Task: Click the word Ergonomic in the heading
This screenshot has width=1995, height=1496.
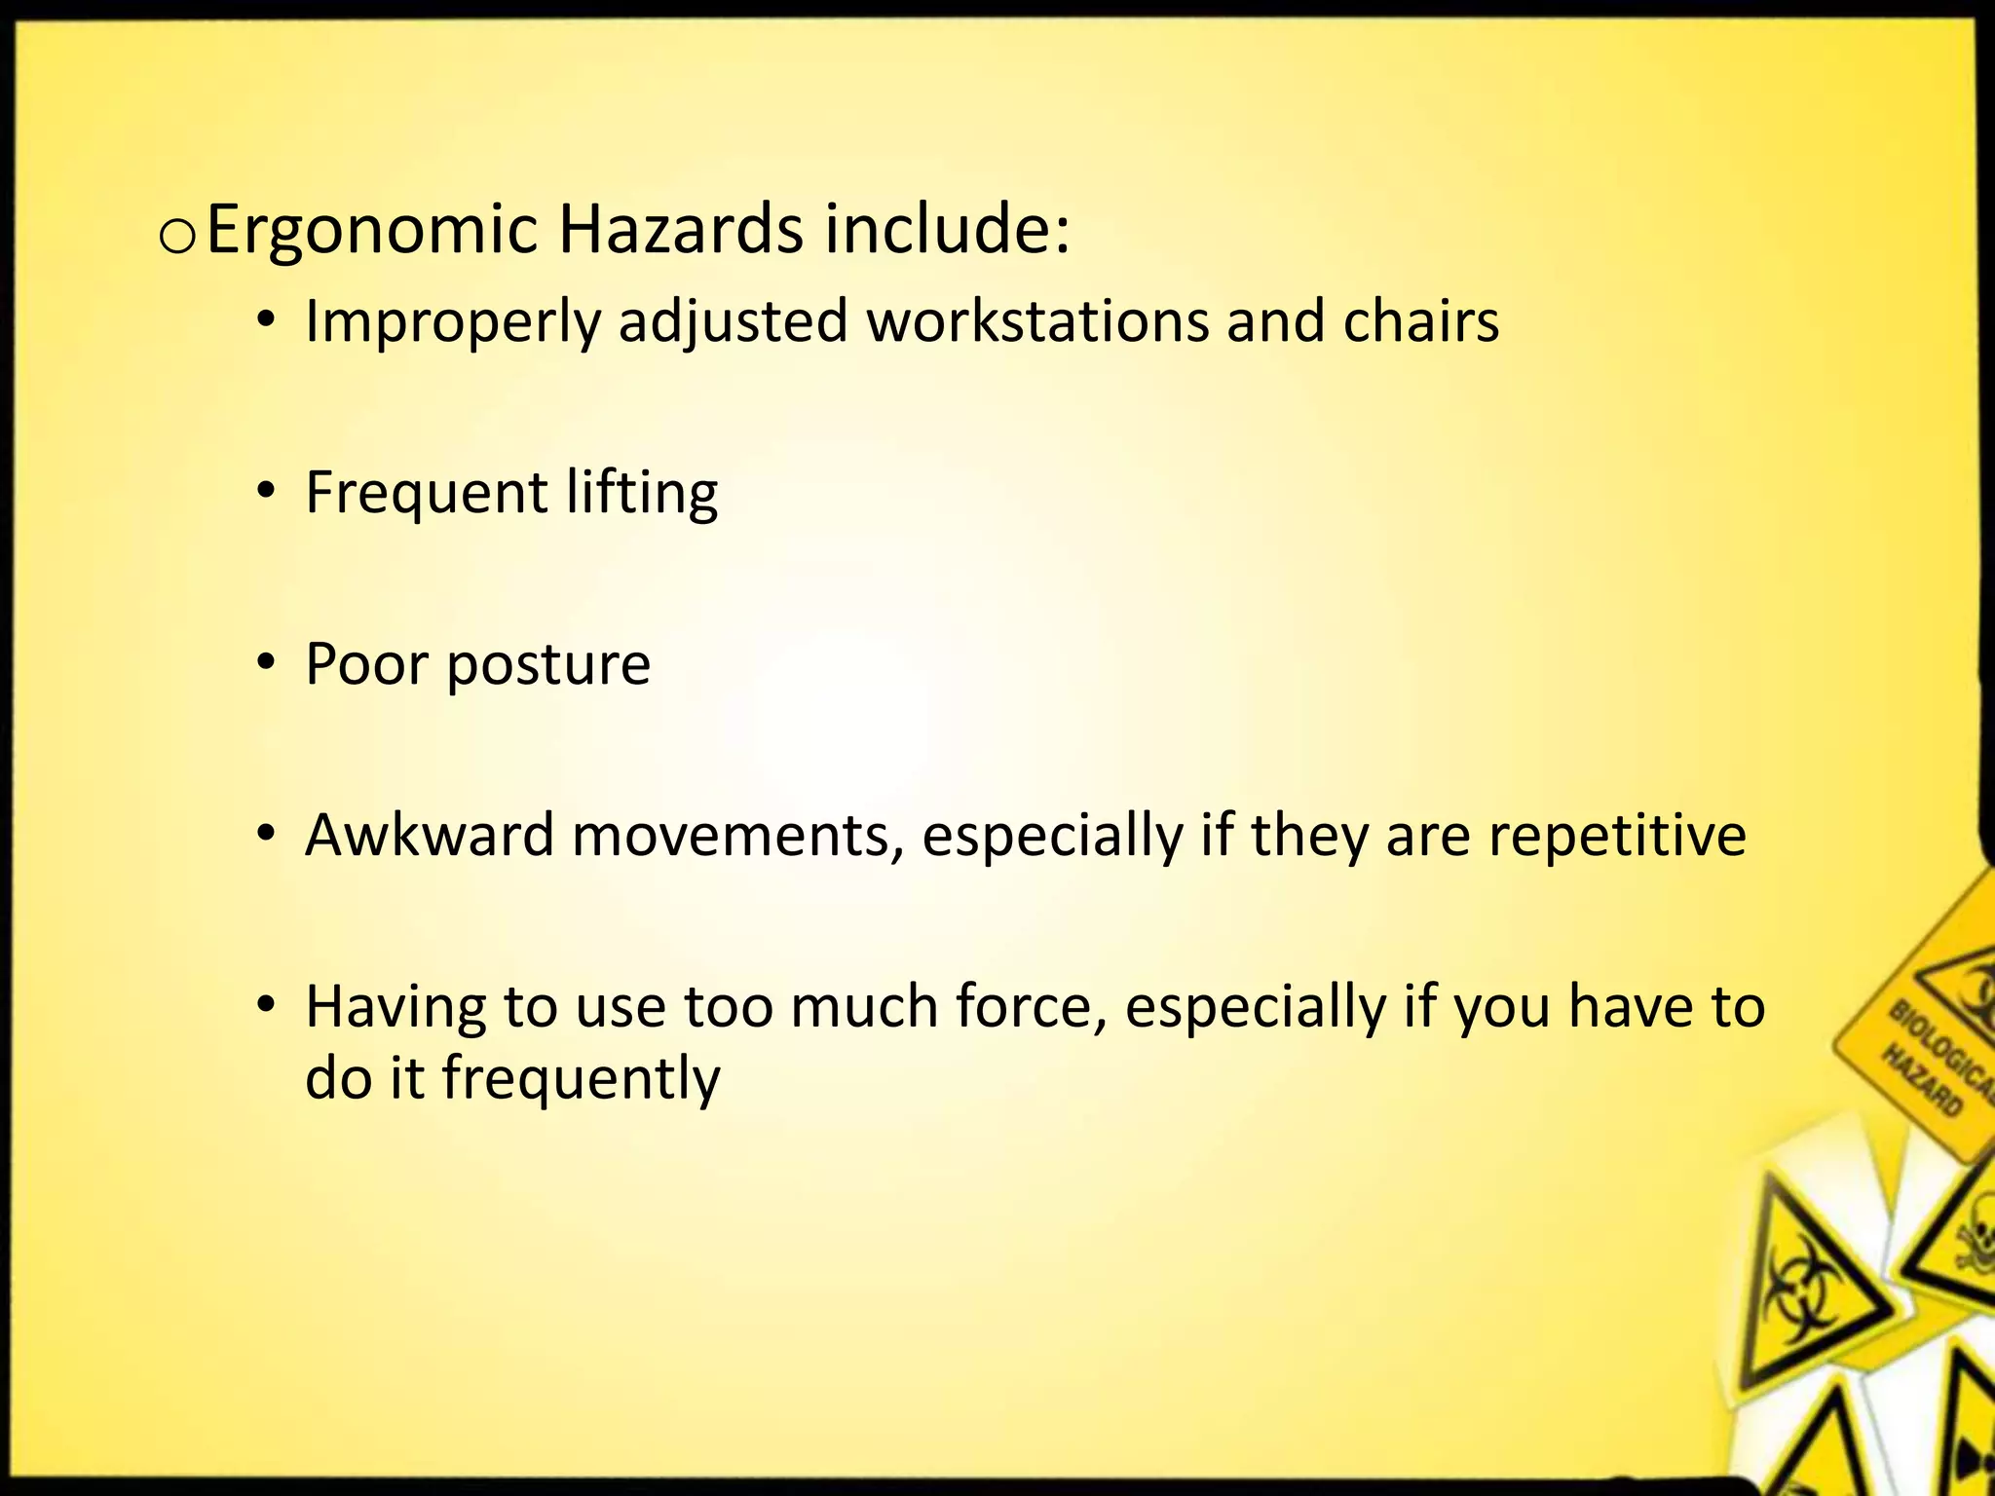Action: (372, 232)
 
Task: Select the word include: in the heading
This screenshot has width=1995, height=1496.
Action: (948, 230)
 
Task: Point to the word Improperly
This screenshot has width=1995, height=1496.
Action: (452, 322)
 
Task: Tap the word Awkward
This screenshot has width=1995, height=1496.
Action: (430, 835)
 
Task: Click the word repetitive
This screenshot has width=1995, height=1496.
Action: (1617, 837)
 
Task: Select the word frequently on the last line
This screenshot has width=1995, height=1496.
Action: (581, 1079)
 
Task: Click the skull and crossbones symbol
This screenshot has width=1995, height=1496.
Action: (1973, 1256)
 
